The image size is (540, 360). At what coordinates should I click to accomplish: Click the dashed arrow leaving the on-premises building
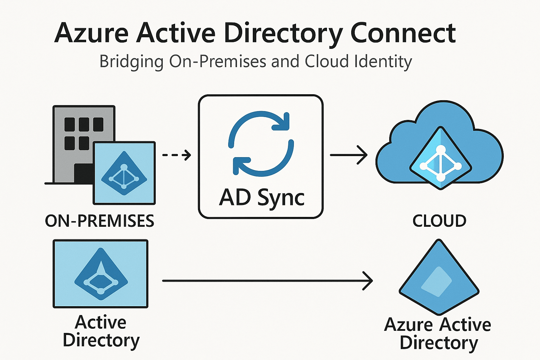(x=176, y=155)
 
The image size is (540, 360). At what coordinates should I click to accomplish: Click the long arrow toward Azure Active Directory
(x=267, y=281)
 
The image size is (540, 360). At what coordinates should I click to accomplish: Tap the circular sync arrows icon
(x=261, y=143)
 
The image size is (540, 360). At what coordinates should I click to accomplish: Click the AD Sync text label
(x=262, y=198)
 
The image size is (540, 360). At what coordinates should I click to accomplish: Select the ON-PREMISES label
(x=99, y=221)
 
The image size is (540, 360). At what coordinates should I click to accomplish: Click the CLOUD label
(x=439, y=221)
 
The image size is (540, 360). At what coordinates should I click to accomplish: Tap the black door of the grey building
(x=83, y=173)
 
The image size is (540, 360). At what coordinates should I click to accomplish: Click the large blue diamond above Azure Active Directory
(x=439, y=278)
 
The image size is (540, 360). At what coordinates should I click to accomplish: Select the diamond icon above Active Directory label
(x=101, y=274)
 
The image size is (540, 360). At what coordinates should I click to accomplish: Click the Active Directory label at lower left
(x=101, y=331)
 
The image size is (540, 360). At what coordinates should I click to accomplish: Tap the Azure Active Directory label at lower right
(x=438, y=333)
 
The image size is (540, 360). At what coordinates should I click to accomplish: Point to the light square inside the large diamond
(x=436, y=282)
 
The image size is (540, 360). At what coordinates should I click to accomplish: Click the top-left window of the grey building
(x=70, y=124)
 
